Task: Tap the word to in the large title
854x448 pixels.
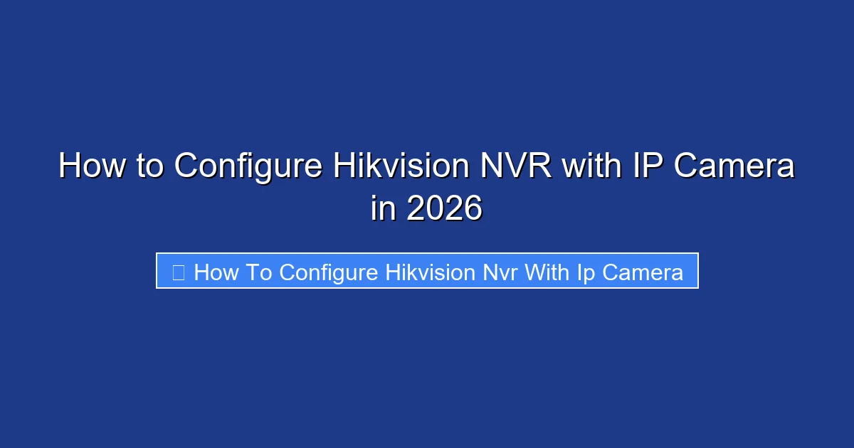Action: (x=151, y=166)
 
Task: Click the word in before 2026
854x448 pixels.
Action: (x=382, y=209)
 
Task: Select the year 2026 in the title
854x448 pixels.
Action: (x=443, y=209)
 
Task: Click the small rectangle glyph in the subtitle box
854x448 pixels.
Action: (x=179, y=272)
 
